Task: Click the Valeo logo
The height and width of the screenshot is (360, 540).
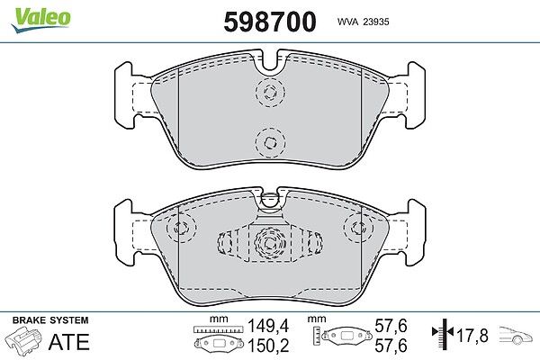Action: (41, 19)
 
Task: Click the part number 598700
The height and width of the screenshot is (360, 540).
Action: (270, 22)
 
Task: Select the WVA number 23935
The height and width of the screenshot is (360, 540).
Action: (376, 22)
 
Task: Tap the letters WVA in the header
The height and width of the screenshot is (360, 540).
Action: (347, 22)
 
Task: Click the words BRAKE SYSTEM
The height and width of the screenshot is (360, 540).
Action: (50, 320)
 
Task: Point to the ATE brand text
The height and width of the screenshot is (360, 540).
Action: (69, 342)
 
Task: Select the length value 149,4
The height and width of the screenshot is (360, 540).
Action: (268, 326)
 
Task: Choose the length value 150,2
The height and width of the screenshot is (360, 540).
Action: (268, 346)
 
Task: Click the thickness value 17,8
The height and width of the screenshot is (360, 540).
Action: (472, 336)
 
